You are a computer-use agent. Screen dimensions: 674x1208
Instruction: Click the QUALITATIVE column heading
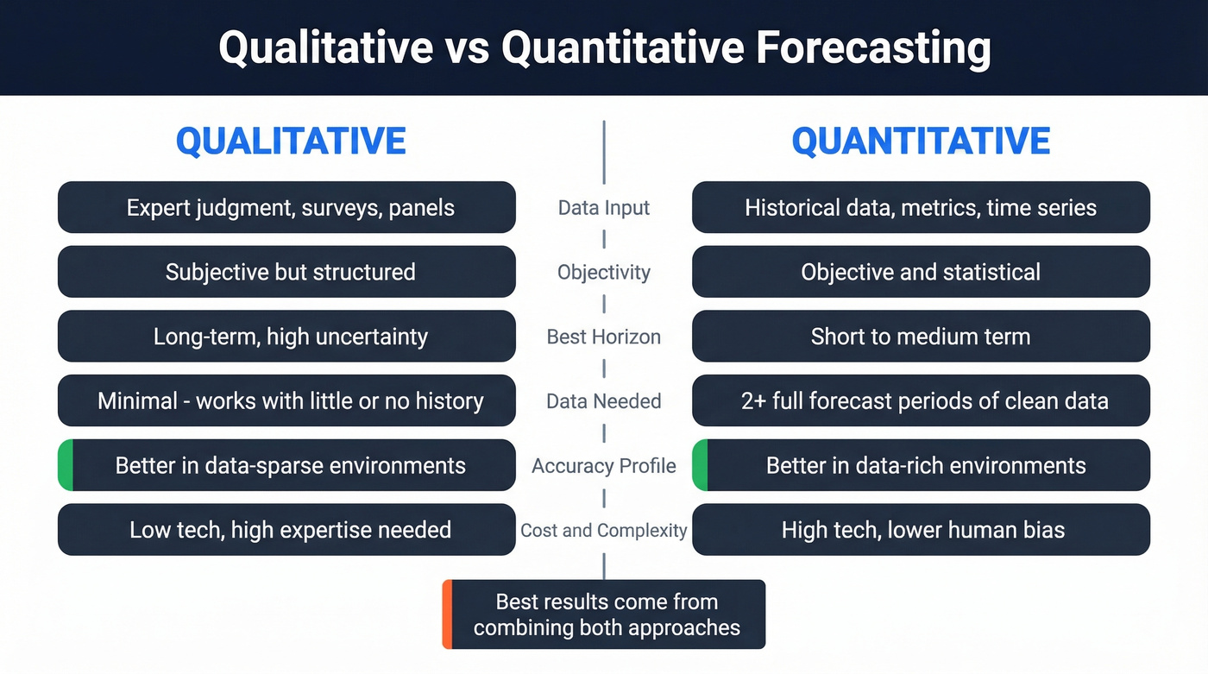point(291,142)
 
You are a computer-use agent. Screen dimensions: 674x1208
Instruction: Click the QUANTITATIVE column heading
point(921,142)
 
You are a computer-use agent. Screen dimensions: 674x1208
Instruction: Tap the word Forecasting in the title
point(872,47)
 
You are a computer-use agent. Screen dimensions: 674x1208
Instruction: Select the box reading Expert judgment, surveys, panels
point(286,207)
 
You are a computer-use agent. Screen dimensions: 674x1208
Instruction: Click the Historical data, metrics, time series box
point(921,207)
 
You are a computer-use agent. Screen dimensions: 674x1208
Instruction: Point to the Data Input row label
point(603,208)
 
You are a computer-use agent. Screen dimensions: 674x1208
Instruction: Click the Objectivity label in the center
point(603,272)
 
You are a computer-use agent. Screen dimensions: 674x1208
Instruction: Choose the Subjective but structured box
point(286,272)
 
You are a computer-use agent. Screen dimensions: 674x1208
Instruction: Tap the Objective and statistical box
point(921,272)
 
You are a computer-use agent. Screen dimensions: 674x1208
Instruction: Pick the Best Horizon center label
point(603,337)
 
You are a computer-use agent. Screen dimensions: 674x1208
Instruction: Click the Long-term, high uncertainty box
point(286,337)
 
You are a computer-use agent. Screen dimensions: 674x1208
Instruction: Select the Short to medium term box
point(921,337)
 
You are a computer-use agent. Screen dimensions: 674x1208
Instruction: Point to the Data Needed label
point(603,401)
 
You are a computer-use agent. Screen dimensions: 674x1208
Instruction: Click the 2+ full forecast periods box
point(921,401)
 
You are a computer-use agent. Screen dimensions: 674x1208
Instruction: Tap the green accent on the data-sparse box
point(66,465)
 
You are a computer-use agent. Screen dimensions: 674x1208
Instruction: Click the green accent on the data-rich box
point(700,465)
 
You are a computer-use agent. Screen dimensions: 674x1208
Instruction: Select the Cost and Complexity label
point(603,530)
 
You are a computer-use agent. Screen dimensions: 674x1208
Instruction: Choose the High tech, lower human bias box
point(921,530)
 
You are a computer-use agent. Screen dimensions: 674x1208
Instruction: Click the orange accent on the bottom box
point(447,614)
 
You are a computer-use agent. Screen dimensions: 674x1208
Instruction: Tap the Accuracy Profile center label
point(603,466)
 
